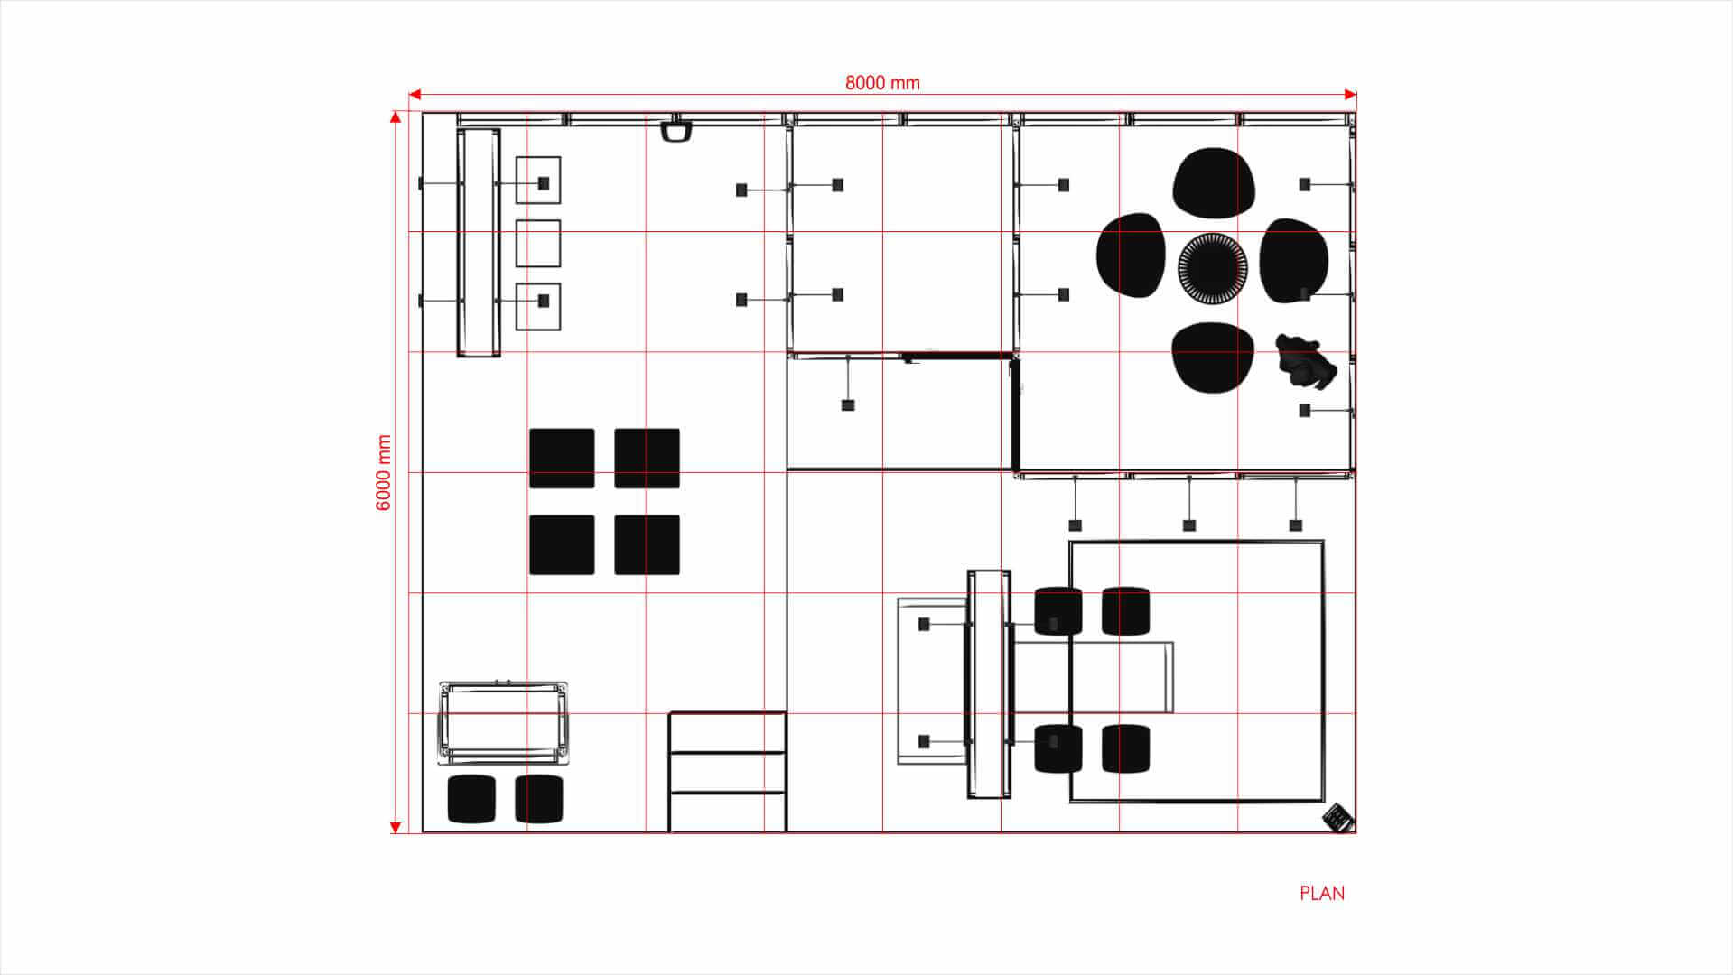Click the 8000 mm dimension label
[882, 83]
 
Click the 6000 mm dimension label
[384, 472]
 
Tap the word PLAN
[1321, 893]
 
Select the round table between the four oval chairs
[1212, 267]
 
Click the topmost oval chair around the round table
[1213, 182]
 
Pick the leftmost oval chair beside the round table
[1131, 255]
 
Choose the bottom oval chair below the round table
[1212, 357]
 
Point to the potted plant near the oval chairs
[1305, 361]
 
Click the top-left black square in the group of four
[562, 458]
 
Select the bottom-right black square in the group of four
[647, 544]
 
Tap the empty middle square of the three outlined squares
[538, 243]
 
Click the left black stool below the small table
[471, 798]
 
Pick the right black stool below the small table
[539, 798]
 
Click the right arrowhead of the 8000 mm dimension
[1350, 94]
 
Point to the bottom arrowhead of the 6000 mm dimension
[396, 827]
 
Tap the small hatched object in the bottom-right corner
[1337, 818]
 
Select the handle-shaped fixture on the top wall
[675, 131]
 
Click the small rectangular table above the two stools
[503, 722]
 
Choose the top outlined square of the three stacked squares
[538, 180]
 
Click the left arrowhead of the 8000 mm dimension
[415, 94]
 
